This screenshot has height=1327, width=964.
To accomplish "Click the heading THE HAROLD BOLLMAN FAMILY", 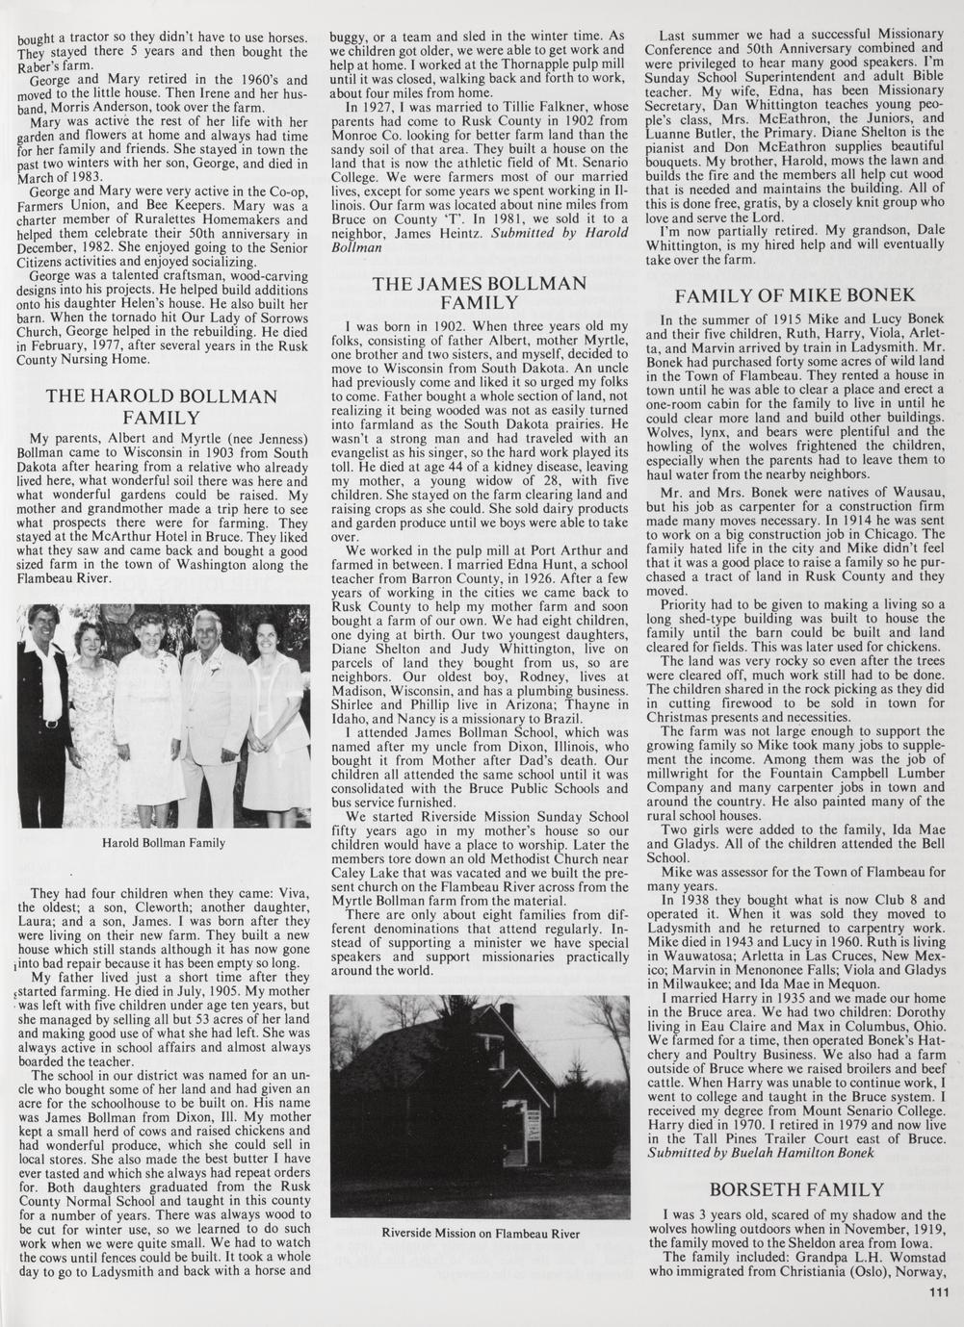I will point(161,406).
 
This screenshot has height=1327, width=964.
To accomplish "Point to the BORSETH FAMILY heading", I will point(795,1189).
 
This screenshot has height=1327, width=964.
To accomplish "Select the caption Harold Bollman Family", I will point(163,843).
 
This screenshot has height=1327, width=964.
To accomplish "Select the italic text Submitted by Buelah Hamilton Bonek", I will point(761,1151).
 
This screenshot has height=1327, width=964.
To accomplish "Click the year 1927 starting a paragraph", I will point(379,107).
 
